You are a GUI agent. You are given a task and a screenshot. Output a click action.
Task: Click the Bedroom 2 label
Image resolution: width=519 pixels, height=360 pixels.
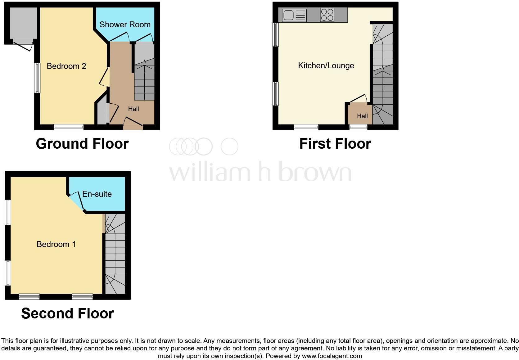(x=66, y=66)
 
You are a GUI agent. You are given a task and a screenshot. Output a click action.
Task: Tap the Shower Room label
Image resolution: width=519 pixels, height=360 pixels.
(x=125, y=25)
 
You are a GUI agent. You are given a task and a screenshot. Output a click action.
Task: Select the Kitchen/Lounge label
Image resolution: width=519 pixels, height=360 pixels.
(x=326, y=65)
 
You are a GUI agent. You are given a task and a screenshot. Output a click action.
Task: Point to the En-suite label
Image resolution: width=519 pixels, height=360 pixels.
(x=97, y=194)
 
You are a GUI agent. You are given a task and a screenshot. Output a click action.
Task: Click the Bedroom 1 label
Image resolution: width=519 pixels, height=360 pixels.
(x=56, y=244)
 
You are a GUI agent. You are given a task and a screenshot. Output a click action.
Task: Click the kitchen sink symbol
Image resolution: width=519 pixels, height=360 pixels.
(x=294, y=15)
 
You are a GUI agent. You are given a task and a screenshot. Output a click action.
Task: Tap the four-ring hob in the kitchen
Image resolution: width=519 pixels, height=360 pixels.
(x=327, y=15)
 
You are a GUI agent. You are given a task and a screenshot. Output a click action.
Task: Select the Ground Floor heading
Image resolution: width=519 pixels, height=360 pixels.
(x=82, y=144)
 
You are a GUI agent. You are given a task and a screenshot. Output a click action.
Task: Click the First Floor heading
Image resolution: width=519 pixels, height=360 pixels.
(x=335, y=144)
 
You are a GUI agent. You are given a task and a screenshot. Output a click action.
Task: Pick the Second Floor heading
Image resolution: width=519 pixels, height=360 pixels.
(x=67, y=313)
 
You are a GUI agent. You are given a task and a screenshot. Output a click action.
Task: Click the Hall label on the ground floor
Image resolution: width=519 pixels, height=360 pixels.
(x=133, y=109)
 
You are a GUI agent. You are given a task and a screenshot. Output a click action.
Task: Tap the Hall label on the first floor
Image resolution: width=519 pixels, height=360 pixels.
(x=362, y=116)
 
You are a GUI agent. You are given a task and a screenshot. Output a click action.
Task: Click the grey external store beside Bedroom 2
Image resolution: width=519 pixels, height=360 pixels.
(x=23, y=23)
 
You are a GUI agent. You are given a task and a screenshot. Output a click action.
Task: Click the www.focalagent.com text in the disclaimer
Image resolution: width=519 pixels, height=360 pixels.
(x=332, y=356)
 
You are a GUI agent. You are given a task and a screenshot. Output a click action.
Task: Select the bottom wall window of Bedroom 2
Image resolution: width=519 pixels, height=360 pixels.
(x=69, y=127)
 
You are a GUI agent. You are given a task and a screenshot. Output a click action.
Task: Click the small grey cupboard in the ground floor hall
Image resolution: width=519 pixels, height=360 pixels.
(x=102, y=114)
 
